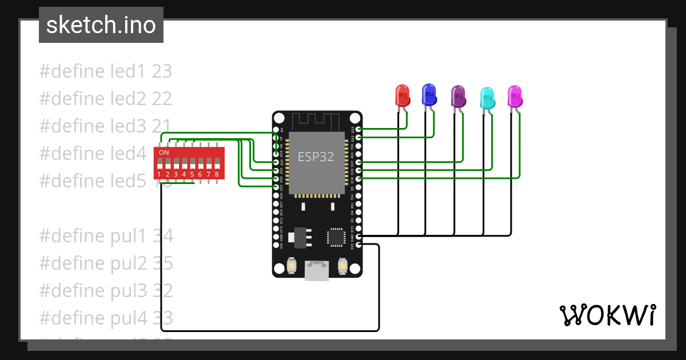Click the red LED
(402, 95)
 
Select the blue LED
(429, 95)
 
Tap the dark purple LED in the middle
(458, 97)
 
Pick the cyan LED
(486, 99)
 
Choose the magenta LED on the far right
(514, 97)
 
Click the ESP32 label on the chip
(316, 157)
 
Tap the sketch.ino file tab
(101, 25)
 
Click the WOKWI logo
(607, 315)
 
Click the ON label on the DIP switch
(163, 153)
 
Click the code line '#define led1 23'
(106, 71)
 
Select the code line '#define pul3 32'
(106, 291)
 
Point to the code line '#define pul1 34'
(106, 236)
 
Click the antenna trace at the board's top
(316, 121)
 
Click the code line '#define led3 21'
(106, 126)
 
